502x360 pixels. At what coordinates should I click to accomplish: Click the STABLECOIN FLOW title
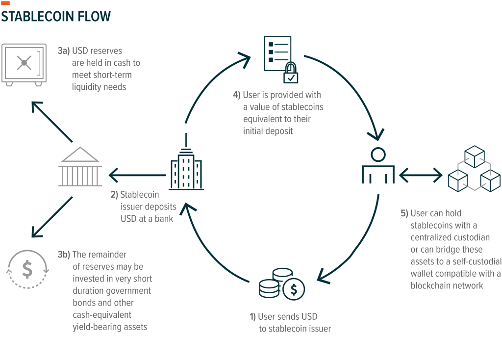(x=56, y=17)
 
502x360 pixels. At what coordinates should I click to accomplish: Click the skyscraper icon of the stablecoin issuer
(x=186, y=166)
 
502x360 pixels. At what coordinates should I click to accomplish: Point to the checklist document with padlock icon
(x=278, y=59)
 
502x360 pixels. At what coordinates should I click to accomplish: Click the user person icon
(x=378, y=166)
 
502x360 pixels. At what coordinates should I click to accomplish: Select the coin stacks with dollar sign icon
(x=281, y=284)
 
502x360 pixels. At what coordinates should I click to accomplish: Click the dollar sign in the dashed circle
(x=27, y=269)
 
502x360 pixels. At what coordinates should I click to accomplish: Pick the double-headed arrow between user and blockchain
(x=421, y=174)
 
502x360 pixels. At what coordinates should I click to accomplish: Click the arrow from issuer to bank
(x=137, y=174)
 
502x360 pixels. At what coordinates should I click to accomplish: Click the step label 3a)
(x=63, y=51)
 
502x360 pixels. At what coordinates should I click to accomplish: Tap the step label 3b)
(x=64, y=255)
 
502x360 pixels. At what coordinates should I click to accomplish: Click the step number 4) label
(x=237, y=95)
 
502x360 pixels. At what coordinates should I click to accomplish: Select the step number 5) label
(x=404, y=213)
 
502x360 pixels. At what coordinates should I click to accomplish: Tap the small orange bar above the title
(x=5, y=3)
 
